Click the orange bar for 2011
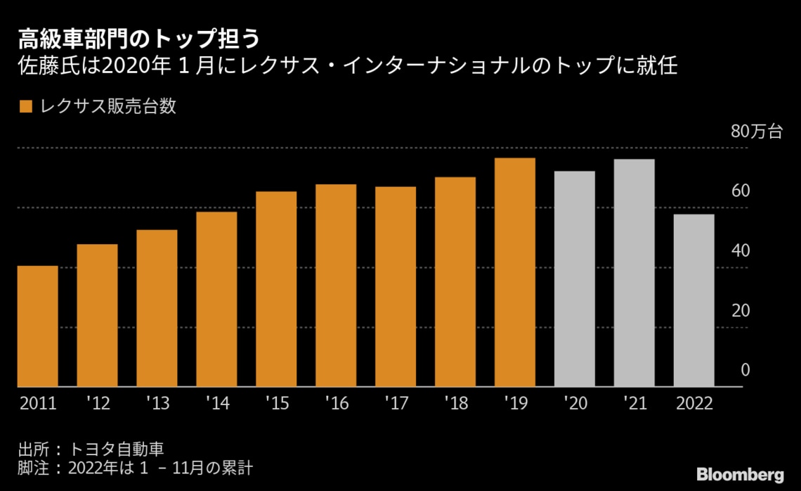pyautogui.click(x=37, y=326)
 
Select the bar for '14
pyautogui.click(x=216, y=299)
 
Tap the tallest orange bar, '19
pyautogui.click(x=515, y=272)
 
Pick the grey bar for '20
pyautogui.click(x=575, y=279)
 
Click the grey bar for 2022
pyautogui.click(x=694, y=300)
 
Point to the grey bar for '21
pyautogui.click(x=634, y=273)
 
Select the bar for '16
pyautogui.click(x=336, y=286)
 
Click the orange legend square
pyautogui.click(x=26, y=107)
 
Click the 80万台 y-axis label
pyautogui.click(x=756, y=132)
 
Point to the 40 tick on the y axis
pyautogui.click(x=741, y=251)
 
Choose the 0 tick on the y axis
pyautogui.click(x=745, y=371)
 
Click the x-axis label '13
pyautogui.click(x=157, y=403)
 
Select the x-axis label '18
pyautogui.click(x=456, y=403)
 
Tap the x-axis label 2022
pyautogui.click(x=694, y=403)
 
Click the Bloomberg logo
pyautogui.click(x=739, y=473)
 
